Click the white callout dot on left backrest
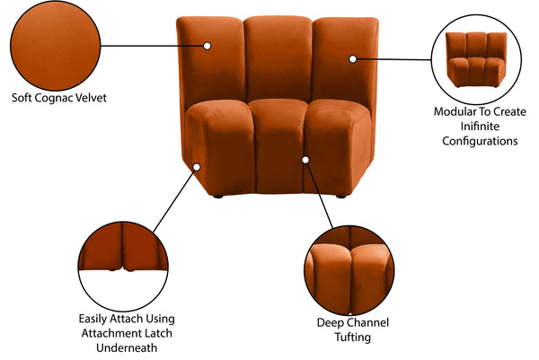[x=208, y=44]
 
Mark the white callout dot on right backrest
[x=353, y=58]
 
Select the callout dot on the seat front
[x=305, y=159]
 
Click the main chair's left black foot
[x=216, y=192]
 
